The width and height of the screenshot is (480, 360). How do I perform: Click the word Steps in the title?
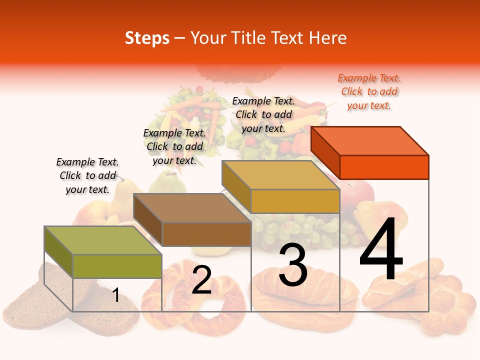click(x=147, y=38)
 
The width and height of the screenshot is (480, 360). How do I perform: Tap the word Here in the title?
click(x=327, y=38)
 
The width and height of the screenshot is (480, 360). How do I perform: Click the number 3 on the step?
click(x=293, y=264)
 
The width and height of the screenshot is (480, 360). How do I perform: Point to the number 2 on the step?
click(x=201, y=280)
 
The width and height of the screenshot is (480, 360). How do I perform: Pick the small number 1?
click(x=115, y=295)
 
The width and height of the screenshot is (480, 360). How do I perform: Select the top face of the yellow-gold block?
click(x=280, y=175)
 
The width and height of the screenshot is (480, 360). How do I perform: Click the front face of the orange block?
click(x=384, y=167)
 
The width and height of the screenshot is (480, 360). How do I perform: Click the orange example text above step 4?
click(x=369, y=92)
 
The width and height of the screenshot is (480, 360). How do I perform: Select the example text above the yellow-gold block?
click(x=263, y=114)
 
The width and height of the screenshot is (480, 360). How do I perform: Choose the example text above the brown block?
click(x=174, y=146)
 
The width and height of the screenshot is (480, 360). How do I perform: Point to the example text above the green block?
click(x=87, y=175)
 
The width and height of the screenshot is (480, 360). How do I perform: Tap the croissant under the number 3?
click(x=300, y=297)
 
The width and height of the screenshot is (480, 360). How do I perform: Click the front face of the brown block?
click(x=206, y=234)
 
